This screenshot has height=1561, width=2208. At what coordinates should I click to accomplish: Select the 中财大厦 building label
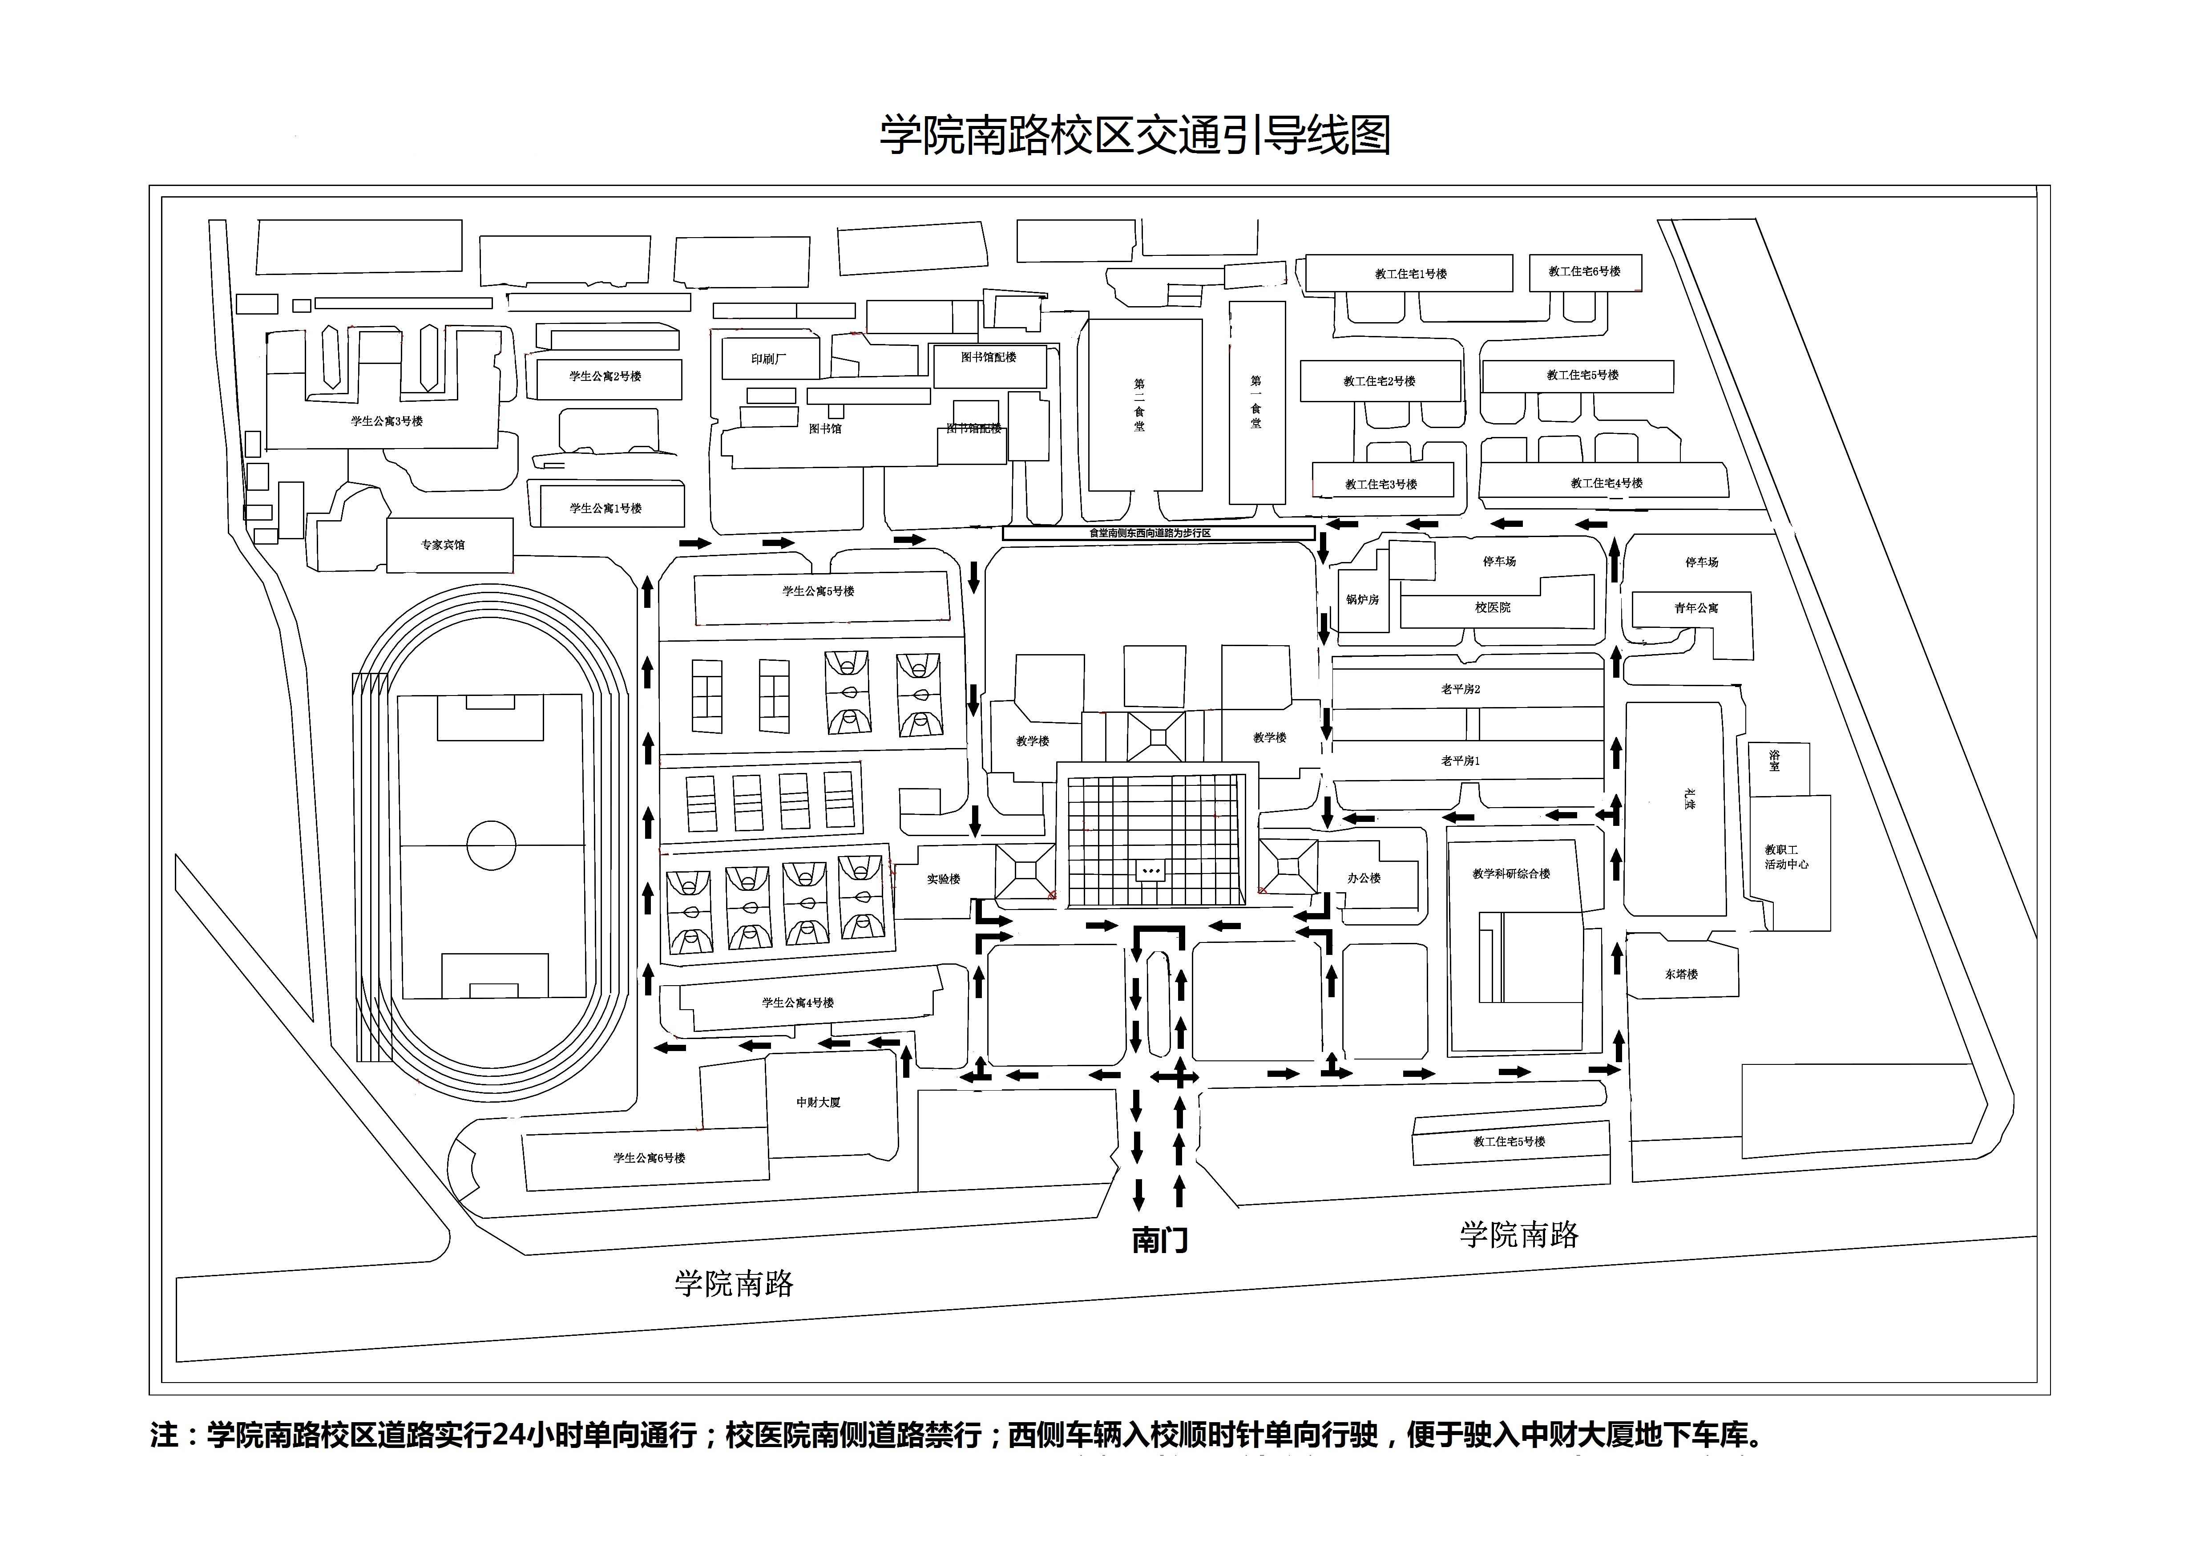819,1102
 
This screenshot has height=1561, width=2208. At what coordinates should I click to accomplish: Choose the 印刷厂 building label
768,359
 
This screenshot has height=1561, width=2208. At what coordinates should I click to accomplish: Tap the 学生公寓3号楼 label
387,421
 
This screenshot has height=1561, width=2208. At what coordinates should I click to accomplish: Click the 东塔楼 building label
1681,975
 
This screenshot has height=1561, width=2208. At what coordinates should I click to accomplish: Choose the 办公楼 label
1364,878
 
